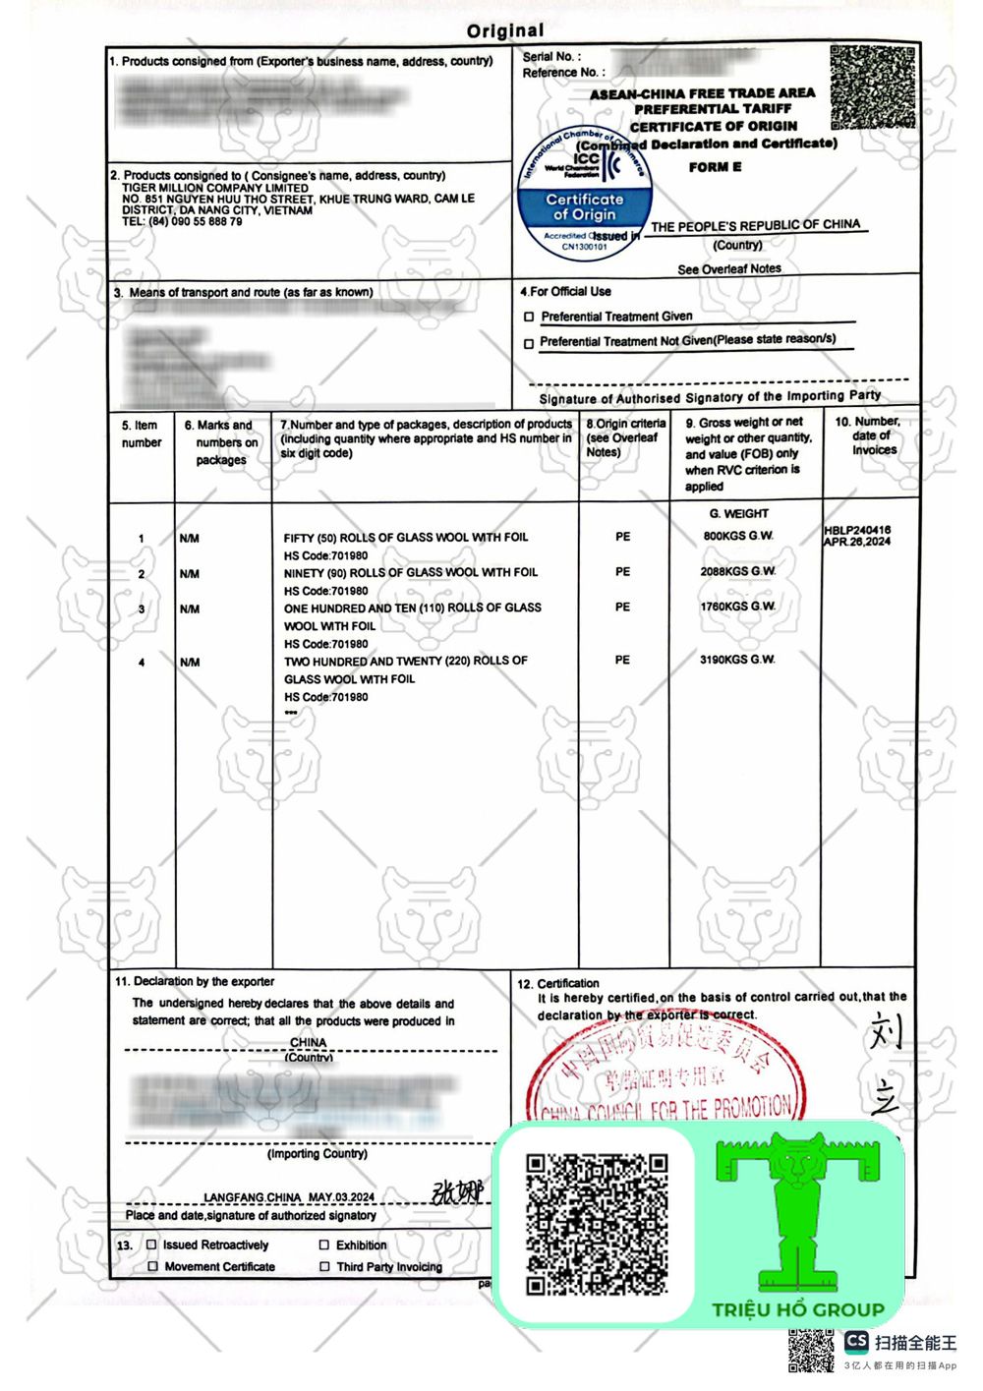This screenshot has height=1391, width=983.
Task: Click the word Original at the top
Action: (505, 31)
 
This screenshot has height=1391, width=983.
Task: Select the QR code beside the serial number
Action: (872, 87)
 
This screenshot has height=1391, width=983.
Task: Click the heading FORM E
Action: (715, 167)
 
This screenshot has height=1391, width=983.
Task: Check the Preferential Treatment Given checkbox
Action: (530, 318)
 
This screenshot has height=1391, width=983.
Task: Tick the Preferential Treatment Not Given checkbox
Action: (530, 343)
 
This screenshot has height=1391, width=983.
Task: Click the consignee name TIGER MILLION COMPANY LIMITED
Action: (214, 188)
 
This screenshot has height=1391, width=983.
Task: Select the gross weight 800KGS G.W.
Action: (737, 536)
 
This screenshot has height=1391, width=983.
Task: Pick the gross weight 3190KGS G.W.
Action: (737, 660)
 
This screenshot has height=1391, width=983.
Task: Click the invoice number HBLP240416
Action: (857, 530)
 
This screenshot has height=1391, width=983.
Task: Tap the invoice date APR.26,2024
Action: (857, 542)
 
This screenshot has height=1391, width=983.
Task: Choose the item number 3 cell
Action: (142, 609)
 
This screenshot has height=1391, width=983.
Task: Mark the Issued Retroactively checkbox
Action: (151, 1245)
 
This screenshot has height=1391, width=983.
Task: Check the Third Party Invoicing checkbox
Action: (324, 1267)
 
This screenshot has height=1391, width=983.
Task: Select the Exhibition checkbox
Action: (324, 1245)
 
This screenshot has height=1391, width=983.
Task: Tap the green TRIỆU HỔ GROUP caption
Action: (798, 1309)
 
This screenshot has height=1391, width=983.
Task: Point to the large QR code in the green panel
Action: (597, 1224)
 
